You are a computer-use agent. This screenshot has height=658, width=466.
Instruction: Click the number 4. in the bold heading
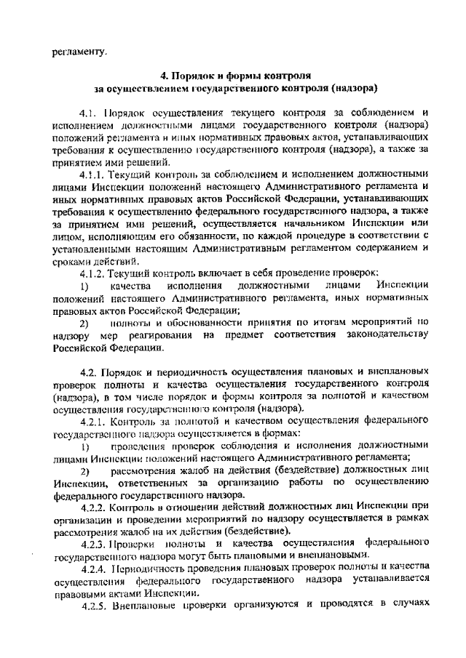[165, 75]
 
